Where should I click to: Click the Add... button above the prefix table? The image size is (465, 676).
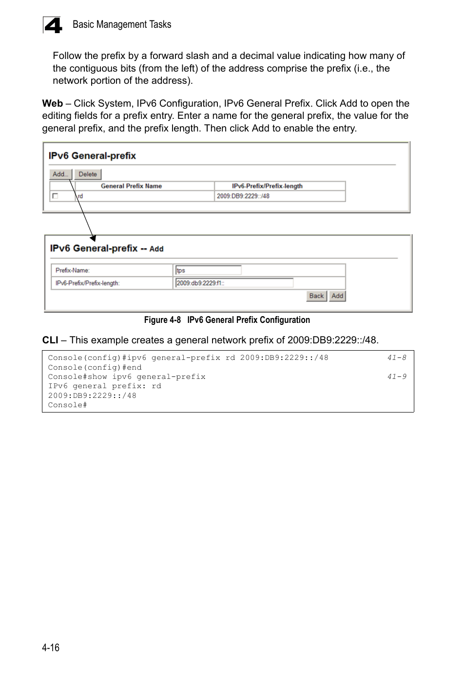pos(60,174)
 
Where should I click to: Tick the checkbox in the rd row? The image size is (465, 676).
pos(55,196)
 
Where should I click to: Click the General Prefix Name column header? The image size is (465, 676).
pos(131,186)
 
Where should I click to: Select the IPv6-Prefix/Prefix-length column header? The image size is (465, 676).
pos(267,186)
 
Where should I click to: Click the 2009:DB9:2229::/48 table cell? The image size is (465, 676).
pos(243,196)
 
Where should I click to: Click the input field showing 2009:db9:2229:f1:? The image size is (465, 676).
pos(234,283)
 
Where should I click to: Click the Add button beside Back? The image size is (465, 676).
pos(337,296)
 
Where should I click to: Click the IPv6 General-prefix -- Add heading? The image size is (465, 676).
pos(107,248)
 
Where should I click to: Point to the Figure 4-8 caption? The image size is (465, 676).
pos(227,320)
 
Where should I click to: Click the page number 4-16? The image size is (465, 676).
pos(51,647)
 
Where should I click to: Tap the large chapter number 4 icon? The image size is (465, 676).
pos(53,25)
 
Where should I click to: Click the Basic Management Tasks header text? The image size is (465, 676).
pos(122,24)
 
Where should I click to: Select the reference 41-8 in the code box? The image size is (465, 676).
pos(396,358)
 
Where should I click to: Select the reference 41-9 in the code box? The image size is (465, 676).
pos(396,377)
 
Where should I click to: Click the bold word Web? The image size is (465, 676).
pos(52,103)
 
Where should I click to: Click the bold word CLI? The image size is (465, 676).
pos(50,340)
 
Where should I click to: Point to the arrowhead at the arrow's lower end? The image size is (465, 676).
pos(93,238)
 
